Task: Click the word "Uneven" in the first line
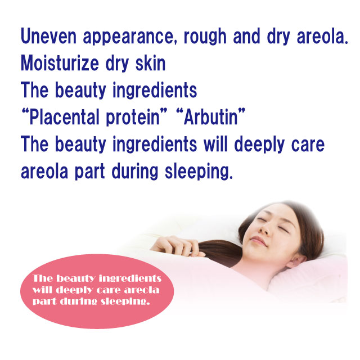coord(48,36)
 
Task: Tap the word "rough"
coord(205,37)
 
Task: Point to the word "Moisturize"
coord(60,63)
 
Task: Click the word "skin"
coord(150,63)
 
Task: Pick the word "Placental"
coord(64,117)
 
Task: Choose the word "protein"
coord(133,118)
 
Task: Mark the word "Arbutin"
coord(211,117)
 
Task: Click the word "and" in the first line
coord(246,36)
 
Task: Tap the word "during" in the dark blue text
coord(135,172)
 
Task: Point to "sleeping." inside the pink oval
coord(125,301)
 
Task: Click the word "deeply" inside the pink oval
coord(74,290)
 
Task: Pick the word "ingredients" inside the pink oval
coord(130,278)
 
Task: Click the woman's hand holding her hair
coord(177,246)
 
